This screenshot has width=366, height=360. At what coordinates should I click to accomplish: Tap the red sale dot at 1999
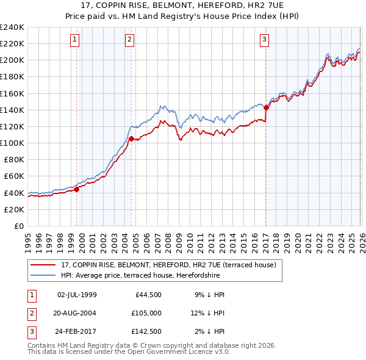(x=77, y=189)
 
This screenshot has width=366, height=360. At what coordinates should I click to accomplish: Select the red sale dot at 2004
(x=132, y=139)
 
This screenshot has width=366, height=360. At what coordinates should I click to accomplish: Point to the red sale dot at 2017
(x=267, y=108)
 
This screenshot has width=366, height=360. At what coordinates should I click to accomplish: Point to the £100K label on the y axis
(x=12, y=143)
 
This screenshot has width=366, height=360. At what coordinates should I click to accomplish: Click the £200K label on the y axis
(x=12, y=60)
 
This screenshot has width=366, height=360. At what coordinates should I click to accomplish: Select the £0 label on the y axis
(x=18, y=226)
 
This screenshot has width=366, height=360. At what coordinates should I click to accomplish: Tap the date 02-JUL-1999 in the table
(x=77, y=295)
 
